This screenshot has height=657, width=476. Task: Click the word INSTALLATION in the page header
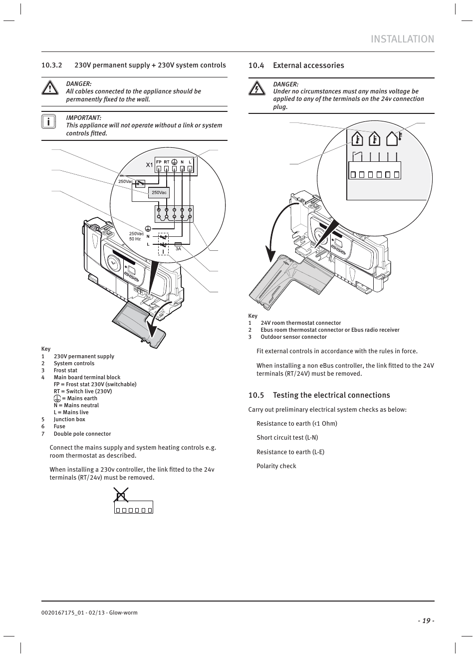point(402,39)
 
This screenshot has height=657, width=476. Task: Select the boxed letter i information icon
point(48,122)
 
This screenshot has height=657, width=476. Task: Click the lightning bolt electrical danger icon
point(256,89)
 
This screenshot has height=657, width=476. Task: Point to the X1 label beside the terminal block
point(149,164)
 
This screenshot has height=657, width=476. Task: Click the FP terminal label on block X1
point(159,162)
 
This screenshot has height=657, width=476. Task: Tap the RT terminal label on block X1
point(167,162)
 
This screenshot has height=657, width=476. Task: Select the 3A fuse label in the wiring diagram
point(178,248)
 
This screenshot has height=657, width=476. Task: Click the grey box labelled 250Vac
point(159,192)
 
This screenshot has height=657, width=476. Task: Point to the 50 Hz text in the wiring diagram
point(135,239)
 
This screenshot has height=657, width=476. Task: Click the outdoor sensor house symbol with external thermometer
point(394,138)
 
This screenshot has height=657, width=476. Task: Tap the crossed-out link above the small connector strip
point(120,496)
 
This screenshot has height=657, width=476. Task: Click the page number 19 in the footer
point(426,621)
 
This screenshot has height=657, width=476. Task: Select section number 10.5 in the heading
point(256,395)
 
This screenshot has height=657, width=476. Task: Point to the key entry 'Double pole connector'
point(82,434)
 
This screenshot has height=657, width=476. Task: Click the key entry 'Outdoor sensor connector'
point(293,337)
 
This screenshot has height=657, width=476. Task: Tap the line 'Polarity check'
point(276,466)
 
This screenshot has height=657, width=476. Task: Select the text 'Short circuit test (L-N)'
point(287,437)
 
